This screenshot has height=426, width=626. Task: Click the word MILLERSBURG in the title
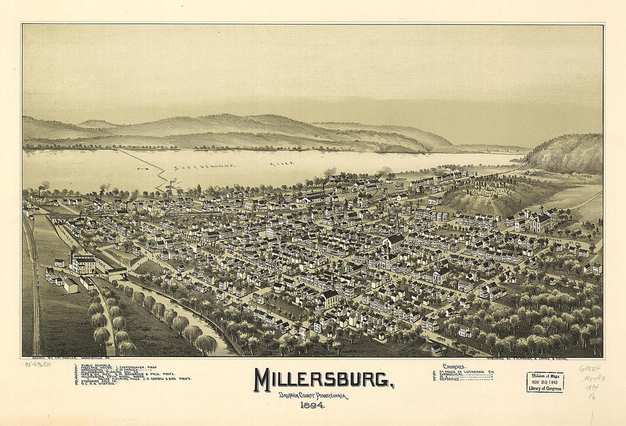(324, 380)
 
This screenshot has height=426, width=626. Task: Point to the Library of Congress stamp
(545, 382)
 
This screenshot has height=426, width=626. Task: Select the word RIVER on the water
(282, 164)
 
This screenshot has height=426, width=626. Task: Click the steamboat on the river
(170, 185)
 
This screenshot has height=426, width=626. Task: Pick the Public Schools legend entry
(94, 367)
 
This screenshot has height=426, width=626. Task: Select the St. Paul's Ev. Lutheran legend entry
(467, 371)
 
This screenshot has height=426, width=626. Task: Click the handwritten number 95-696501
(38, 364)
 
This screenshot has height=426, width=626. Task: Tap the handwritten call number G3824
(591, 368)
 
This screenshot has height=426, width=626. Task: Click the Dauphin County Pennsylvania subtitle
(313, 396)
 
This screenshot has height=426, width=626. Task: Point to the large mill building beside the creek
(83, 264)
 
